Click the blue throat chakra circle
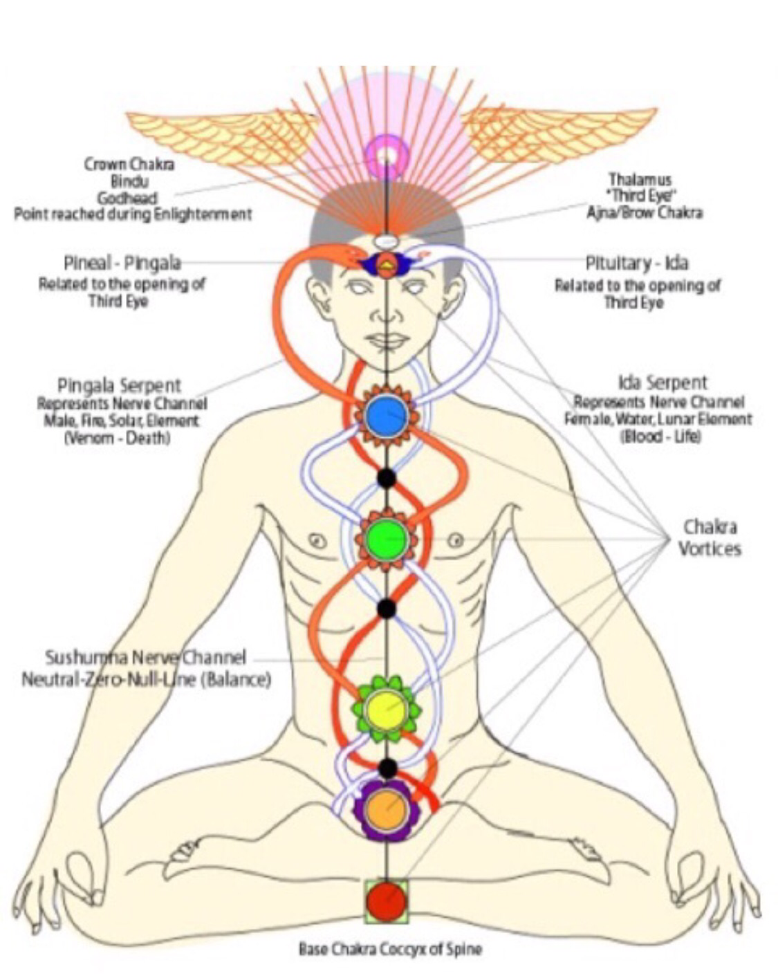(x=386, y=416)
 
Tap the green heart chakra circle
(x=386, y=538)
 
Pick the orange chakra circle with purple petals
(x=387, y=810)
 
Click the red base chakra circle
(x=387, y=901)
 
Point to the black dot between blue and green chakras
(x=386, y=477)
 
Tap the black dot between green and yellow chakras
(x=387, y=608)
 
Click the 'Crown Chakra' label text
(x=129, y=164)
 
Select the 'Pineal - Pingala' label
(x=122, y=263)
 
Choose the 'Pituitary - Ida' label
(x=636, y=263)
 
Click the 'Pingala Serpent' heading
(x=119, y=385)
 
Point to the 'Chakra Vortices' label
(x=709, y=537)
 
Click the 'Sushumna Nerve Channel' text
(x=145, y=657)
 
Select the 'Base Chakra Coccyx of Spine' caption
(x=389, y=948)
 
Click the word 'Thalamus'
(x=640, y=179)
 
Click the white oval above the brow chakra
(x=387, y=241)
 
